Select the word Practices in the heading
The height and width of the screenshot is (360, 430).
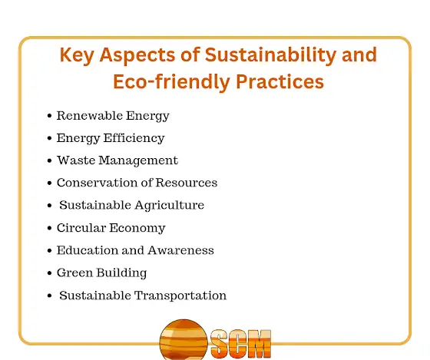(x=279, y=81)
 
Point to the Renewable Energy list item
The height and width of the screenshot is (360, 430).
(x=113, y=116)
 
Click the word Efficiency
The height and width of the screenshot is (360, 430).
(x=134, y=138)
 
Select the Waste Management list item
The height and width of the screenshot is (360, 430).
(x=117, y=160)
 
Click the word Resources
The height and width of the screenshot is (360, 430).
(x=187, y=183)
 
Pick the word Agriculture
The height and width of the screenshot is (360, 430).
(x=170, y=206)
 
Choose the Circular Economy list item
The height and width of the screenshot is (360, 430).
(x=111, y=228)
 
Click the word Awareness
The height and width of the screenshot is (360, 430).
(x=181, y=250)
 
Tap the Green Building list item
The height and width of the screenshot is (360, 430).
(x=101, y=273)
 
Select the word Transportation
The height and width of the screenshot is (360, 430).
(x=180, y=296)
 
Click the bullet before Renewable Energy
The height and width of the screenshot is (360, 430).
(x=49, y=116)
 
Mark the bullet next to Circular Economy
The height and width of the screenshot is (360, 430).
(x=49, y=228)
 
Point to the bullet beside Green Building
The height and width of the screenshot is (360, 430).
(x=49, y=273)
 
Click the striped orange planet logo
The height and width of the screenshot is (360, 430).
(x=184, y=340)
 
